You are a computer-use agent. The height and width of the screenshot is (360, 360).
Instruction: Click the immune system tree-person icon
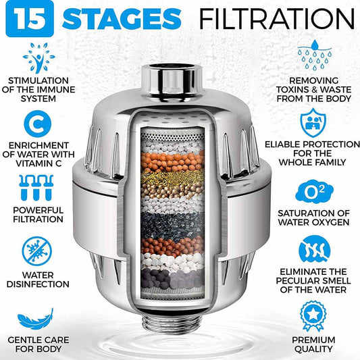(38, 57)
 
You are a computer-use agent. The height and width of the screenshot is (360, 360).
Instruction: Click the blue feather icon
(38, 315)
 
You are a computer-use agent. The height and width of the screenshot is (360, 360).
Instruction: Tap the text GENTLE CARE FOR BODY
(38, 344)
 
